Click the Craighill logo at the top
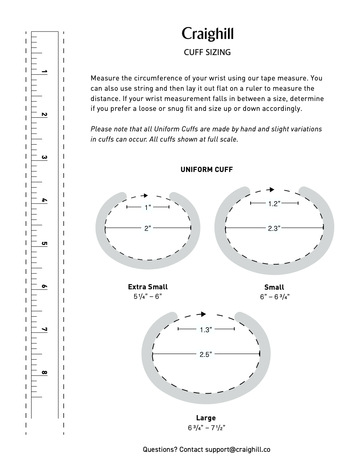(207, 34)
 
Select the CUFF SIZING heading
(207, 52)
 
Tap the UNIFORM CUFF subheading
(207, 169)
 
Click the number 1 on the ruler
(44, 72)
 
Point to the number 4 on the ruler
(44, 200)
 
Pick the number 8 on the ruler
(44, 372)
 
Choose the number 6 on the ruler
(44, 287)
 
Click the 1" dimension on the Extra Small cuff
(148, 207)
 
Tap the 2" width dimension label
(148, 228)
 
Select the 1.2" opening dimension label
(274, 204)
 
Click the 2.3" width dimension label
(274, 228)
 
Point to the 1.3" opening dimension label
(206, 330)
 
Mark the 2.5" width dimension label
(206, 355)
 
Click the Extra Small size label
(148, 287)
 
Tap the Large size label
(206, 418)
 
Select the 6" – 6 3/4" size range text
(275, 297)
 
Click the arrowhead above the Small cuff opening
(271, 189)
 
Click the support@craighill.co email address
(238, 450)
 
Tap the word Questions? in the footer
(160, 450)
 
